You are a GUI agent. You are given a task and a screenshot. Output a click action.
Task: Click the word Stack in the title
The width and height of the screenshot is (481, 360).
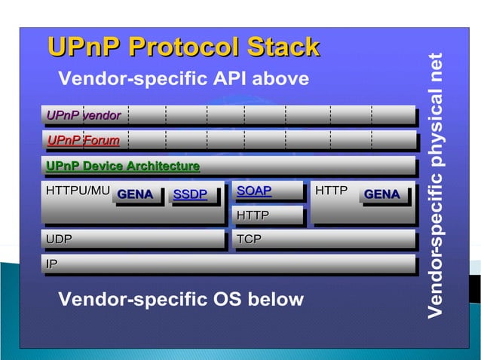(279, 47)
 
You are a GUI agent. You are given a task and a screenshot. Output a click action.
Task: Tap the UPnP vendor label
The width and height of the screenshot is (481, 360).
(84, 115)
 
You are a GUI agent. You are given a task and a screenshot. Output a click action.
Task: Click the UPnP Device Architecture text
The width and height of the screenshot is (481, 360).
(123, 166)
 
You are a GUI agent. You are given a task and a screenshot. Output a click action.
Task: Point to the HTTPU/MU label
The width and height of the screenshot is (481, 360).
(78, 191)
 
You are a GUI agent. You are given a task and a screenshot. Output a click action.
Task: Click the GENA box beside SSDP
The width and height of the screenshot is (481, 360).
(136, 195)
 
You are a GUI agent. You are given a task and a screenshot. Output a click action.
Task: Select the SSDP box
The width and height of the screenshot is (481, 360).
(190, 195)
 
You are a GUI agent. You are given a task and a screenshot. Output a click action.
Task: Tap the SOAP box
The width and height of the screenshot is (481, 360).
(254, 191)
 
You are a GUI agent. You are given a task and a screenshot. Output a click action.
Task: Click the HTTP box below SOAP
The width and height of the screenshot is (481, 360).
(253, 216)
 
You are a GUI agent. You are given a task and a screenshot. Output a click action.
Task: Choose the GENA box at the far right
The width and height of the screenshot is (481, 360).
(382, 195)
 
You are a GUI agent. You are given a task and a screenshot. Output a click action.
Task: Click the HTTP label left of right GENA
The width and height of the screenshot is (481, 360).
(331, 191)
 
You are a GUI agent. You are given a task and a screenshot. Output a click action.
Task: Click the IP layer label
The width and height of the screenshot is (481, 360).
(51, 264)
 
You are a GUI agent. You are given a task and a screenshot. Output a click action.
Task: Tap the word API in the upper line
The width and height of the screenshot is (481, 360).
(237, 79)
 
